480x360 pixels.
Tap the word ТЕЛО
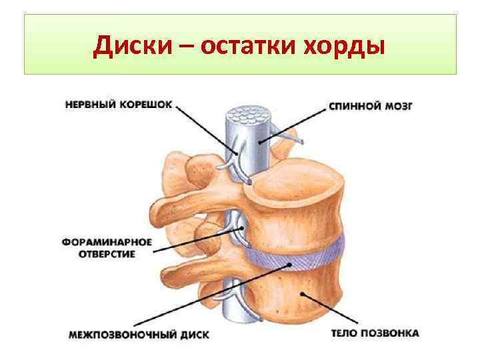click(346, 333)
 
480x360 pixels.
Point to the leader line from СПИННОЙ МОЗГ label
click(300, 123)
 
